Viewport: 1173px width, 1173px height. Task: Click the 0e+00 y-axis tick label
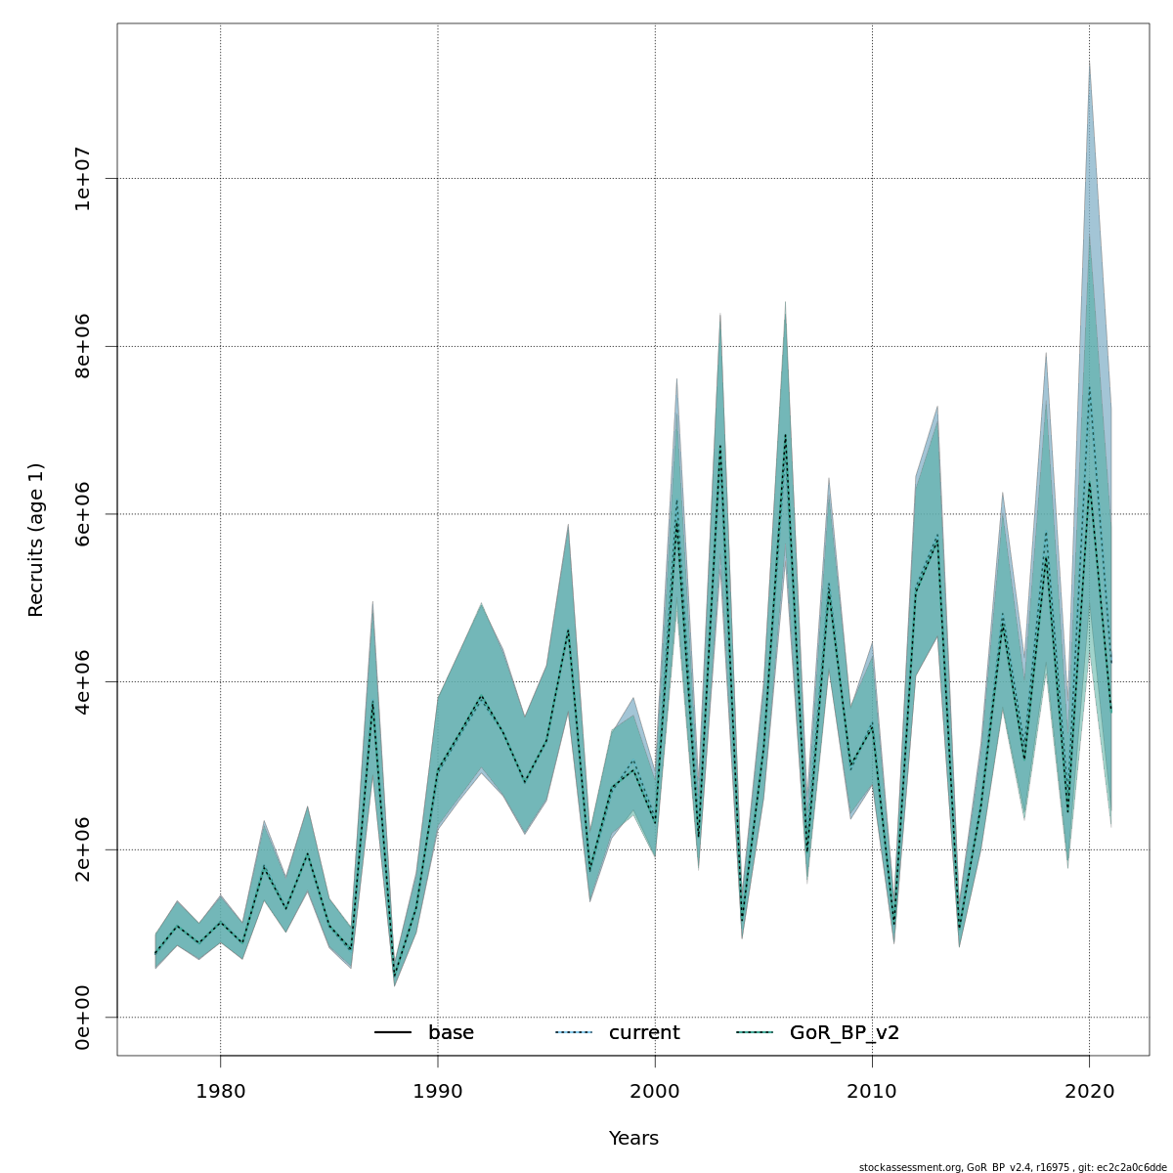click(84, 1018)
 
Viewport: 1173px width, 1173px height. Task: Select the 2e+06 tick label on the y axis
click(84, 849)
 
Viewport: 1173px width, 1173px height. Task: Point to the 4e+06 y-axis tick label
click(84, 681)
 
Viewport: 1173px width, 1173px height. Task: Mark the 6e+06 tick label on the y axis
click(84, 514)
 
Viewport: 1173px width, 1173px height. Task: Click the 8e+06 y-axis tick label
click(84, 346)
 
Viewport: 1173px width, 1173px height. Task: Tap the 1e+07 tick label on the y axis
click(84, 179)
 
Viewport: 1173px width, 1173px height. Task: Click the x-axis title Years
click(633, 1139)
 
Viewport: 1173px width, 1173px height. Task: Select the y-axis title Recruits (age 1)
click(36, 540)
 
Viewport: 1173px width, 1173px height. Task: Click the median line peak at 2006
click(785, 435)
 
